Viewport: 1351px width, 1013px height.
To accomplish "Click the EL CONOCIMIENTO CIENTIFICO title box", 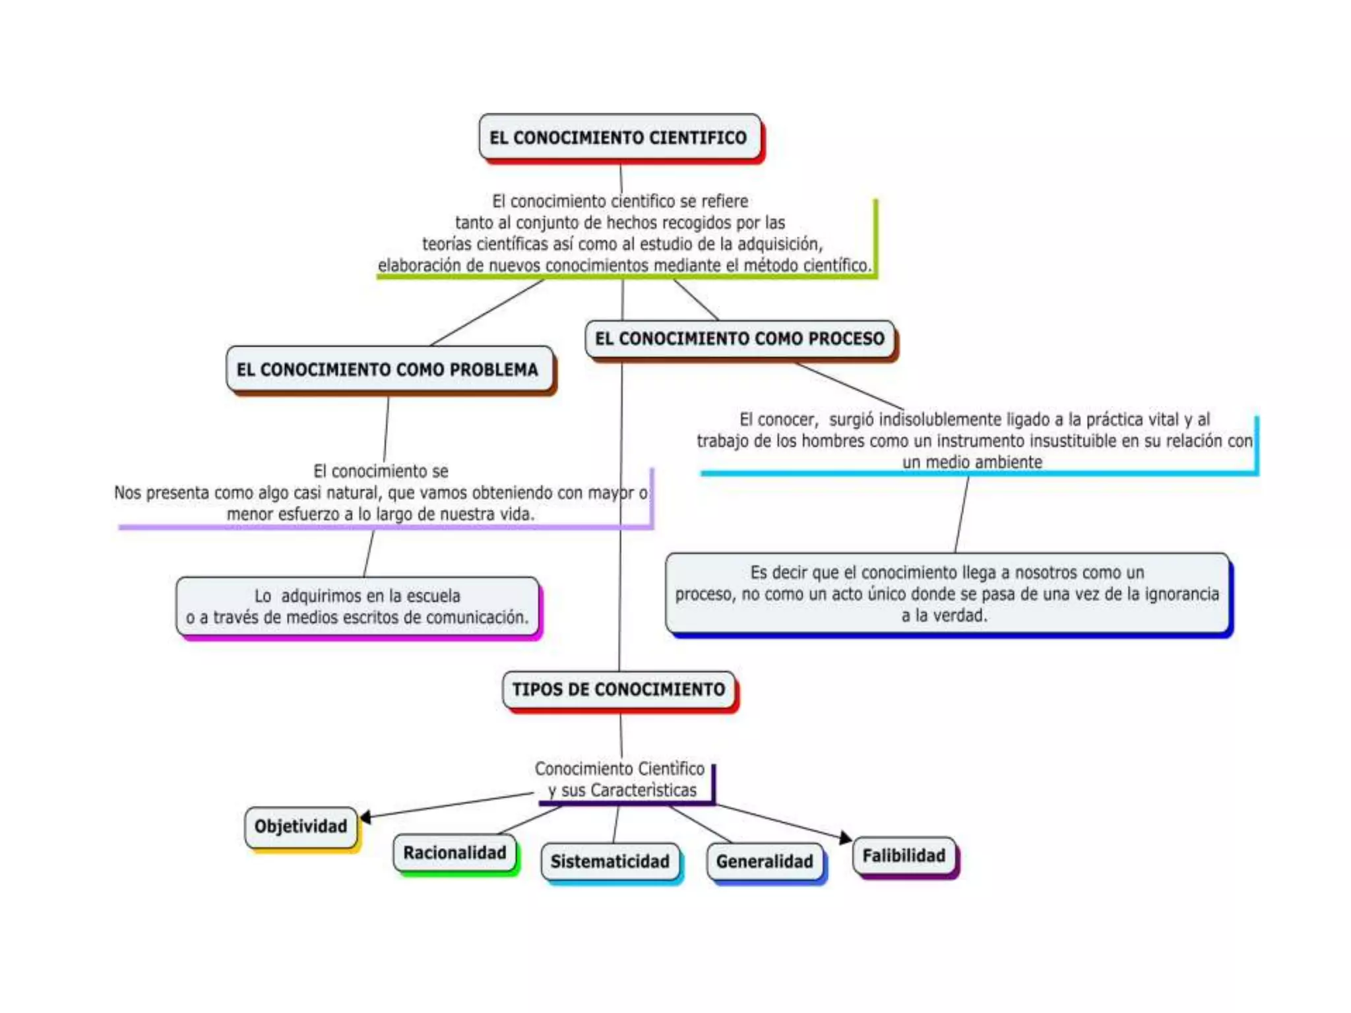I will pos(619,137).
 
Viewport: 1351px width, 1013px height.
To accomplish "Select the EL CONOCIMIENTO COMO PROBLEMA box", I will pos(388,369).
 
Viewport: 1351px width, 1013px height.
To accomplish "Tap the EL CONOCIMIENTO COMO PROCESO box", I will pos(739,339).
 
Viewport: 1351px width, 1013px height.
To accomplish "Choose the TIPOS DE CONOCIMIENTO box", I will pos(619,690).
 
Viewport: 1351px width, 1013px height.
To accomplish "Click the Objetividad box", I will pos(301,826).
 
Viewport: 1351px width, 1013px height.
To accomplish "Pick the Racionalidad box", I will pos(455,853).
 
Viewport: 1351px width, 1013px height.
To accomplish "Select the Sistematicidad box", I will pos(610,861).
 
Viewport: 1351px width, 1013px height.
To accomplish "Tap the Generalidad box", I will pos(765,861).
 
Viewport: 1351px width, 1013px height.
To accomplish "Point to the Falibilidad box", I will pos(904,856).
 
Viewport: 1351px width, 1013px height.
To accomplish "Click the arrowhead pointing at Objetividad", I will pos(365,817).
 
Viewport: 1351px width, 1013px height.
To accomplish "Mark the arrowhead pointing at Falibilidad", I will pos(845,838).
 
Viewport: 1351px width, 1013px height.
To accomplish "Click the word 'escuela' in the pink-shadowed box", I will pos(433,596).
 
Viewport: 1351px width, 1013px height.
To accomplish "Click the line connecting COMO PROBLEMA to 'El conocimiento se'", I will pos(386,429).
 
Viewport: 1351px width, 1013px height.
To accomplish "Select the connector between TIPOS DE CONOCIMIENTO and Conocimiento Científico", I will pos(621,735).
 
